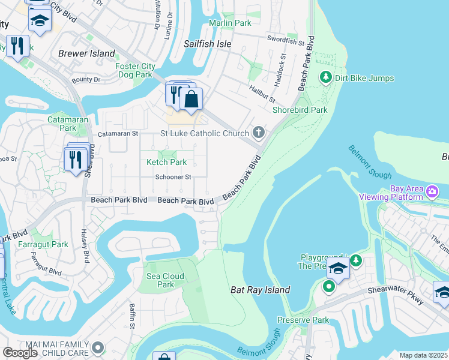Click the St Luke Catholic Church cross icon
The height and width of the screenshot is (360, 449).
pyautogui.click(x=259, y=132)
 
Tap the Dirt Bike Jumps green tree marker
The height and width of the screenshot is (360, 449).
pyautogui.click(x=325, y=77)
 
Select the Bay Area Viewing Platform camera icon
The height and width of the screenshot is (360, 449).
pyautogui.click(x=433, y=191)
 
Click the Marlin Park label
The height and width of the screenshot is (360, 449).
pyautogui.click(x=230, y=23)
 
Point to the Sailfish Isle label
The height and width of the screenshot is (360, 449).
pyautogui.click(x=208, y=44)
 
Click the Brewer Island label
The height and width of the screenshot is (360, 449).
pyautogui.click(x=86, y=53)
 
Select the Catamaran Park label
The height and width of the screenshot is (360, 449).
pyautogui.click(x=63, y=124)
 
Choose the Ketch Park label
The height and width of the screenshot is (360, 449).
pyautogui.click(x=167, y=162)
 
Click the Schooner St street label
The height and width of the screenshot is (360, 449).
pyautogui.click(x=173, y=177)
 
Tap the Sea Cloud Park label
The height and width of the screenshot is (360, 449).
pyautogui.click(x=165, y=280)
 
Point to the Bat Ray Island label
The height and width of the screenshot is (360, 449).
pyautogui.click(x=261, y=290)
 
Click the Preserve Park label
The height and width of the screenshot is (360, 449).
pyautogui.click(x=303, y=320)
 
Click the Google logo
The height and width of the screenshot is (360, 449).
pyautogui.click(x=20, y=352)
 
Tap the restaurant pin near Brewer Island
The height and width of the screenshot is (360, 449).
pyautogui.click(x=17, y=46)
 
